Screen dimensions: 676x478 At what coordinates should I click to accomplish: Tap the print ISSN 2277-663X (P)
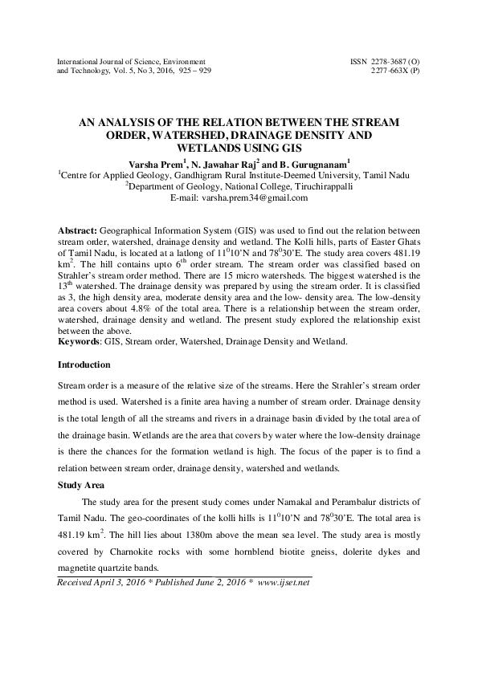click(x=394, y=71)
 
